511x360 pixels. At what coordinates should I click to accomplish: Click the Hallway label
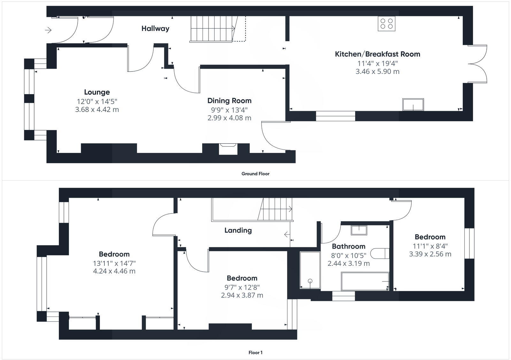pos(155,28)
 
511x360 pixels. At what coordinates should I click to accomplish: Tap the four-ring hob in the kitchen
pos(386,24)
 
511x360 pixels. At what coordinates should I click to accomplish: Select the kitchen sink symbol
pos(413,104)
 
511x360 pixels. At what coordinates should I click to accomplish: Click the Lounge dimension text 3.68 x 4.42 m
pos(97,109)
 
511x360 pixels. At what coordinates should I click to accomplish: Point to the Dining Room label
pos(229,101)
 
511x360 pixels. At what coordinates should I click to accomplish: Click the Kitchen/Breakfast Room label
pos(377,54)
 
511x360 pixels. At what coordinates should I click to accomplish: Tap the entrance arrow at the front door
pos(48,30)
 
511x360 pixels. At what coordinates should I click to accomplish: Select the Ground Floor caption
pos(255,174)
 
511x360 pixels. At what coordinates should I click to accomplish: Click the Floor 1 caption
pos(255,353)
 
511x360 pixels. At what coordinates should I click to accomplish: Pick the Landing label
pos(238,230)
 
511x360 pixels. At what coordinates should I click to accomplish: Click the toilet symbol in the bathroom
pos(382,253)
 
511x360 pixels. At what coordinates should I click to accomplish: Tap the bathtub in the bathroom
pos(365,281)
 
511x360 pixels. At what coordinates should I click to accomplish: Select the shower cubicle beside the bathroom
pos(310,270)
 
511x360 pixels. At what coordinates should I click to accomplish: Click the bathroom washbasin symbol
pos(359,230)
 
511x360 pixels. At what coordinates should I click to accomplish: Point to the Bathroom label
pos(348,246)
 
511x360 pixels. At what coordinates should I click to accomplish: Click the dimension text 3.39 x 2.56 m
pos(430,254)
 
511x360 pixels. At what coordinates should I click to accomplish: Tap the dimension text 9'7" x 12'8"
pos(242,287)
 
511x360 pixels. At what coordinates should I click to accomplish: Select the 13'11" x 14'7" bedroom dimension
pos(114,263)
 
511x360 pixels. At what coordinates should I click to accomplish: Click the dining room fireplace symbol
pos(228,149)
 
